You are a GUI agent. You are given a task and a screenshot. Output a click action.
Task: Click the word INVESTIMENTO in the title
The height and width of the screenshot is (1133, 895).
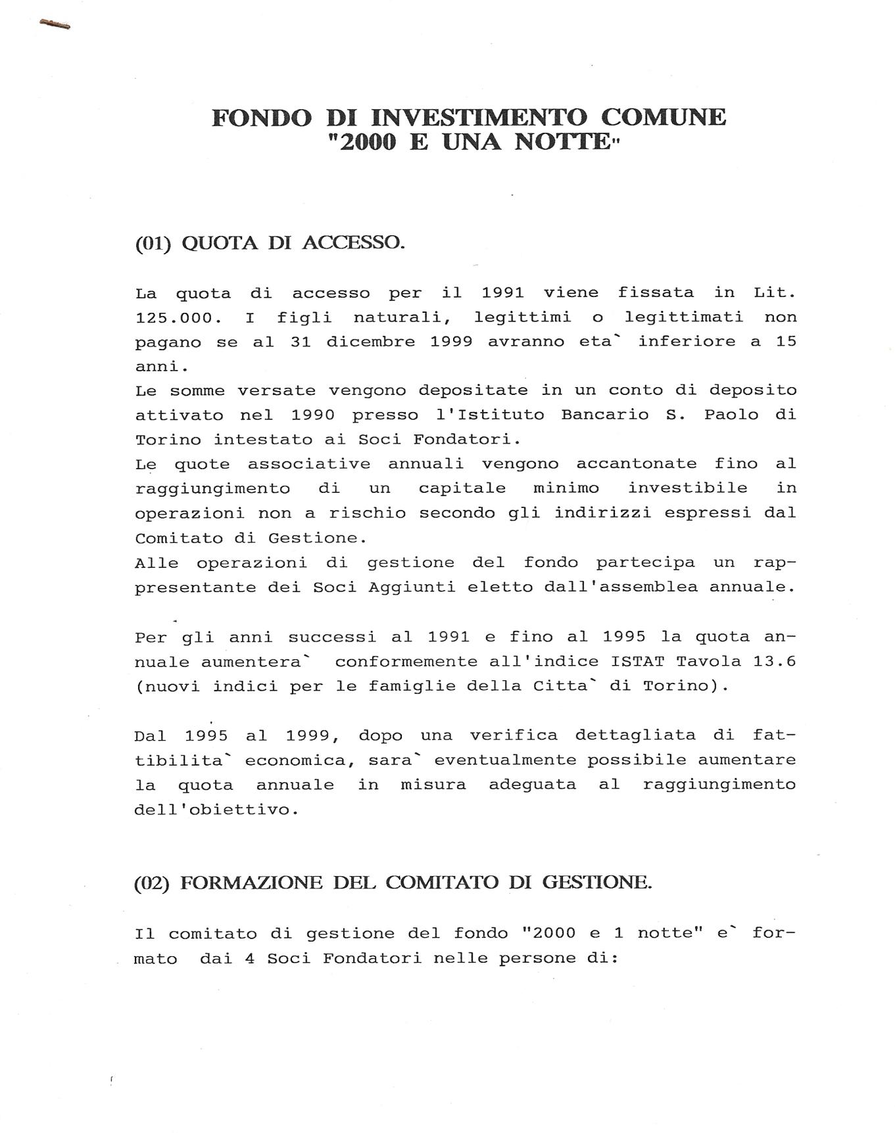click(479, 118)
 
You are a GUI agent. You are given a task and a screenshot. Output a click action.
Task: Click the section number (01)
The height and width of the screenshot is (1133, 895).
click(153, 244)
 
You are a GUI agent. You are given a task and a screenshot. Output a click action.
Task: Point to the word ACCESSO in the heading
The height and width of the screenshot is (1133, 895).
click(353, 243)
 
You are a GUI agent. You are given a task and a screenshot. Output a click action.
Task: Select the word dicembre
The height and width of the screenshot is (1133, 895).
click(371, 342)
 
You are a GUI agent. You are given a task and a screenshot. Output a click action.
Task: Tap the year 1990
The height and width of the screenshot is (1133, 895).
click(313, 415)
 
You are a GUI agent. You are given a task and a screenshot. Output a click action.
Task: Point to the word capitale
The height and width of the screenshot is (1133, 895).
click(462, 488)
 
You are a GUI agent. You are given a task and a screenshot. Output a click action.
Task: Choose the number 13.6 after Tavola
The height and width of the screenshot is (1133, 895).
click(775, 661)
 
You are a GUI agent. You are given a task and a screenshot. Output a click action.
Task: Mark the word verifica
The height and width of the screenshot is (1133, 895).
click(514, 735)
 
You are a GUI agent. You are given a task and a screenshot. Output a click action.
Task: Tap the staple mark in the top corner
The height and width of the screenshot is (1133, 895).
click(55, 25)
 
